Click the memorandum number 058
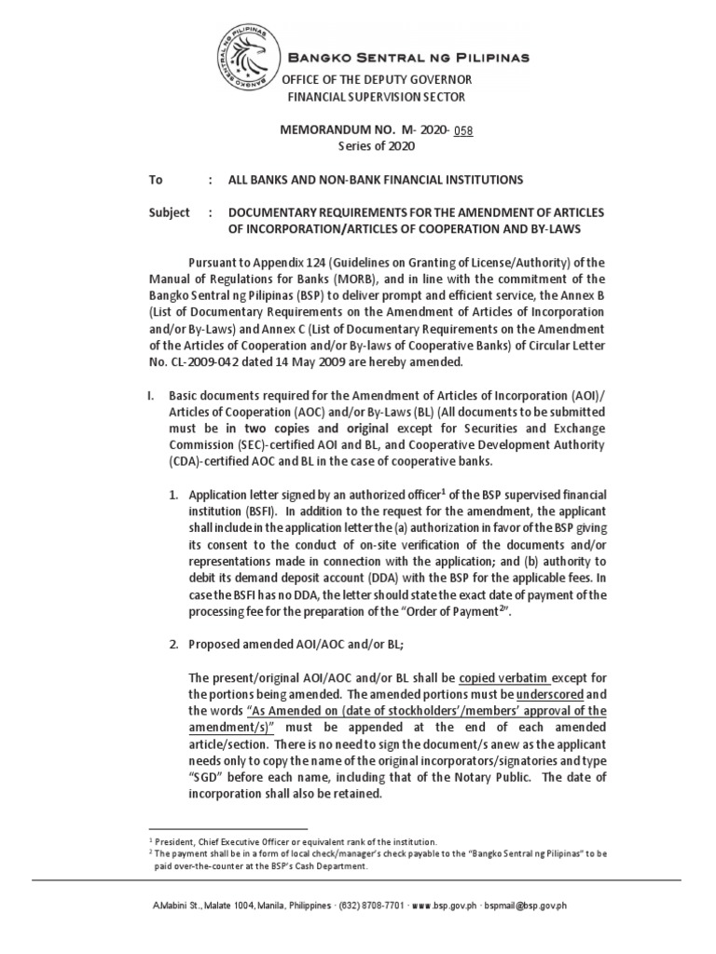463,130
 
